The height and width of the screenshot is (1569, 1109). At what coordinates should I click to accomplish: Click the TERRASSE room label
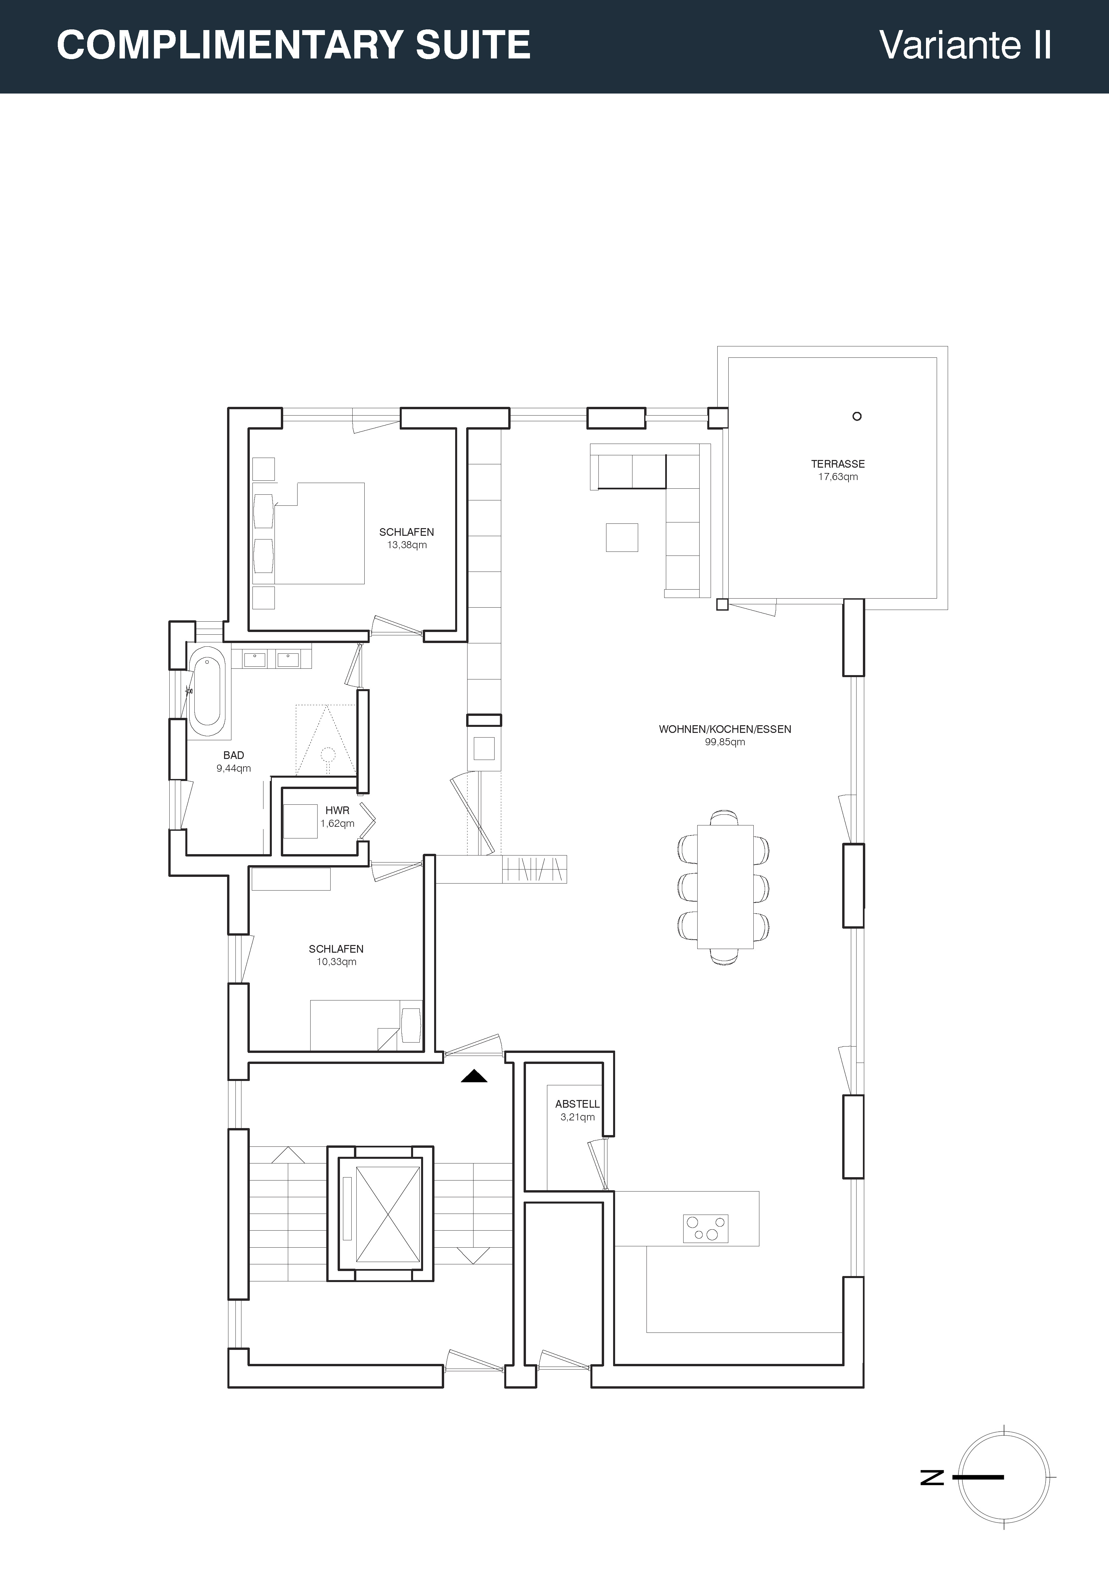[x=838, y=464]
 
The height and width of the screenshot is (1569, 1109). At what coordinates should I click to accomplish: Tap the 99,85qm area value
[x=725, y=742]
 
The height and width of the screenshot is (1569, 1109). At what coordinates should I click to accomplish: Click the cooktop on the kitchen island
[x=705, y=1228]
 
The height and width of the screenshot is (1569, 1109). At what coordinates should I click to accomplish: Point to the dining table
[x=725, y=887]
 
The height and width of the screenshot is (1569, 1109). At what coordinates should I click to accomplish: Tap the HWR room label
[x=338, y=810]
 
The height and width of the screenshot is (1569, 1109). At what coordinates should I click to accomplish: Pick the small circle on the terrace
[x=857, y=416]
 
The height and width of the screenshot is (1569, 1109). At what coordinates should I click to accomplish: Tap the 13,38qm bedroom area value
[x=406, y=545]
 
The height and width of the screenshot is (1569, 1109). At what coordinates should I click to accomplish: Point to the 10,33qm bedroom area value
[x=336, y=962]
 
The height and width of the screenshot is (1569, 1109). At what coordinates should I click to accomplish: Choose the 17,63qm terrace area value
[x=838, y=477]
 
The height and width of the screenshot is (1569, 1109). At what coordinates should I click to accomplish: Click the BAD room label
[x=234, y=755]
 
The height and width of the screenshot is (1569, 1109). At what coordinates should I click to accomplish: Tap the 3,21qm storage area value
[x=577, y=1117]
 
